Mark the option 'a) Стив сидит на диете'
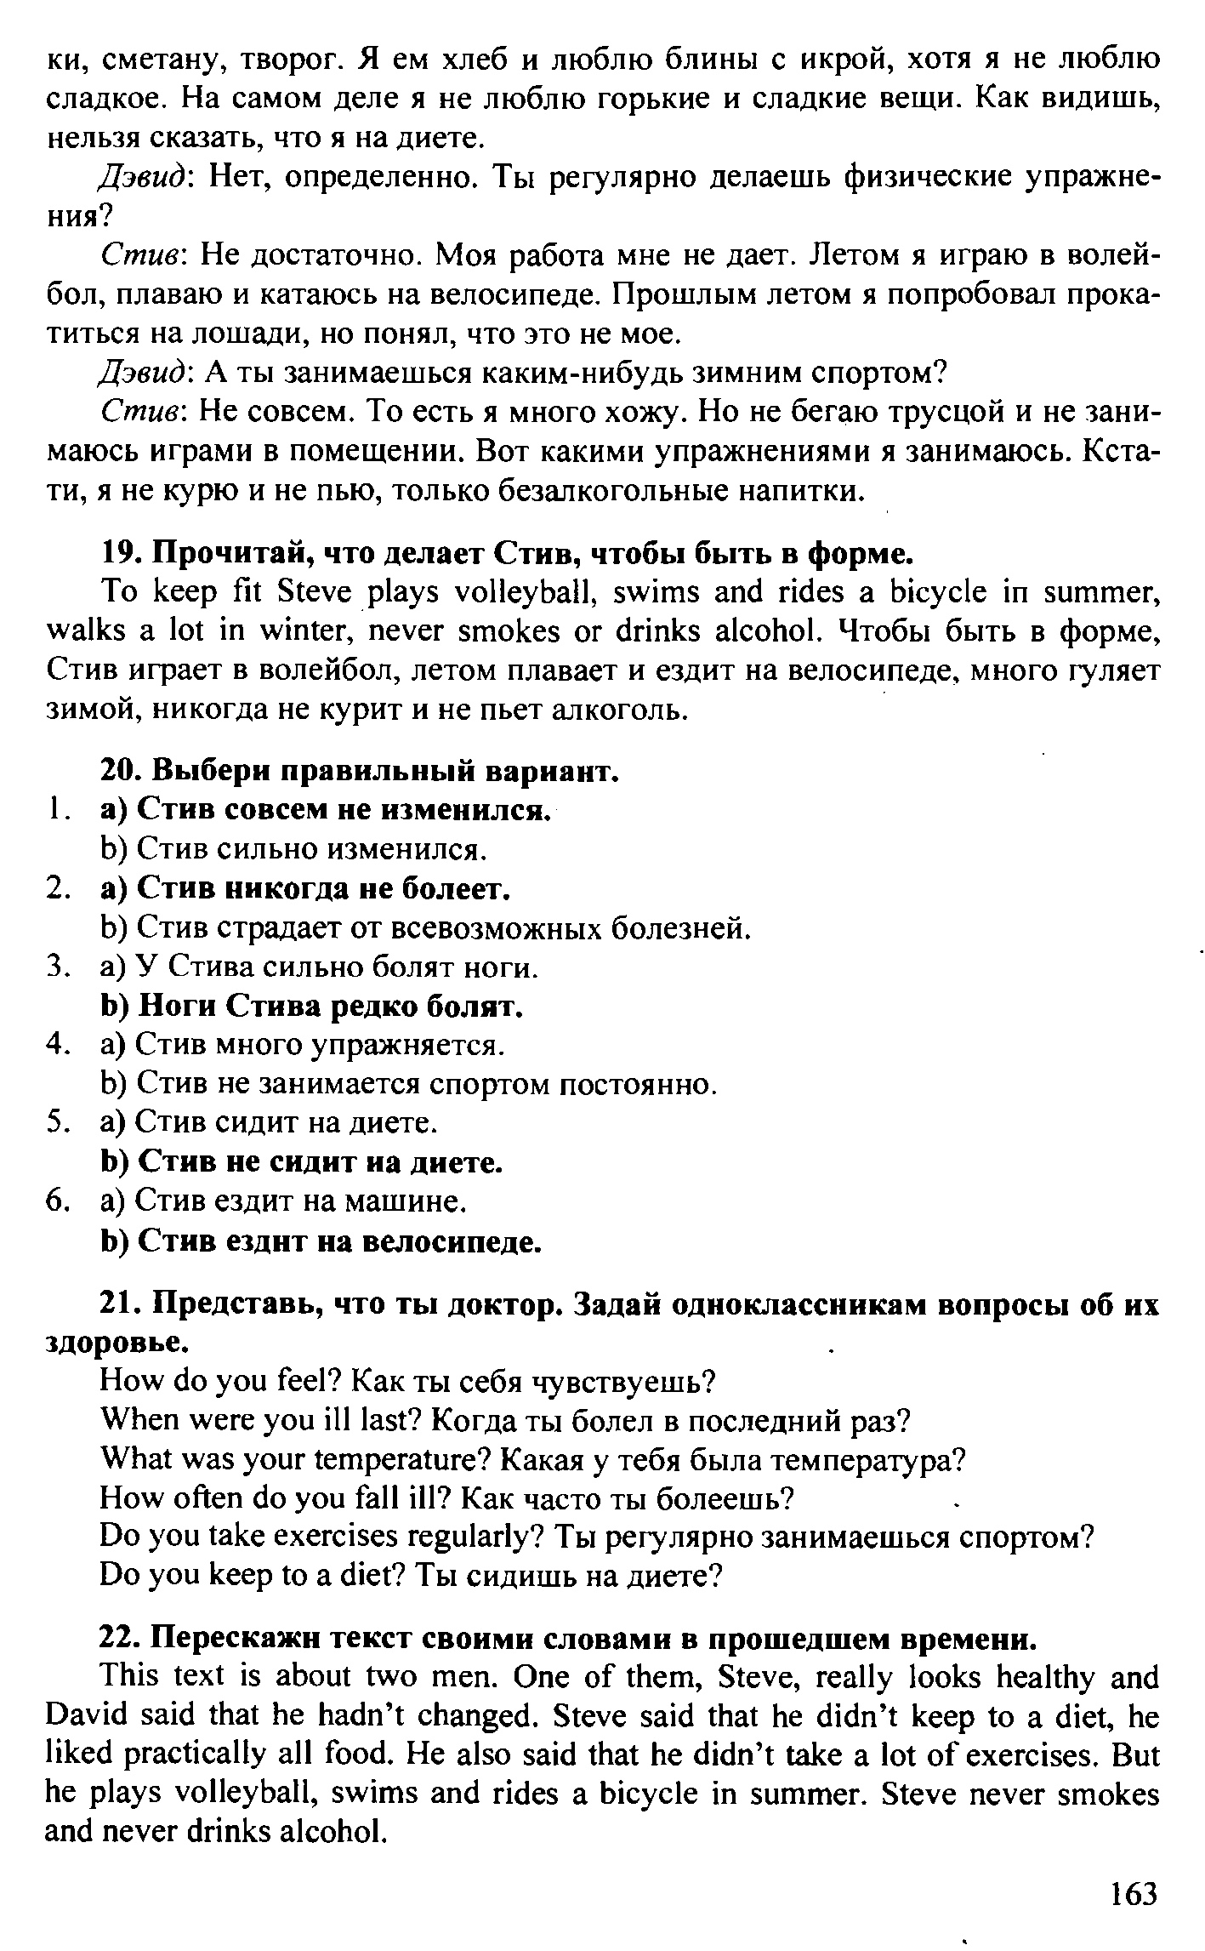(x=270, y=1123)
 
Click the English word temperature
(x=402, y=1461)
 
